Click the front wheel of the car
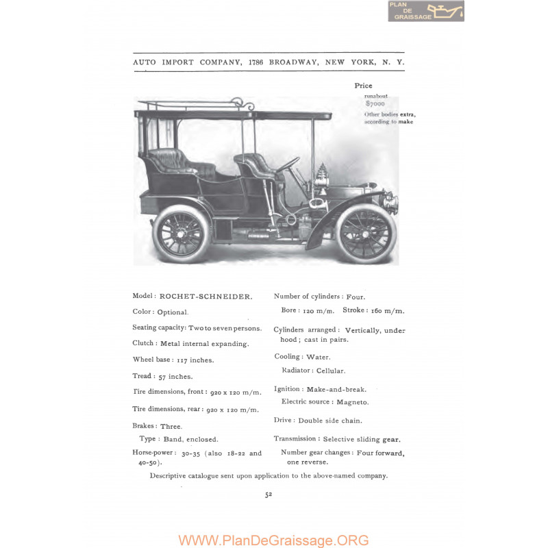(367, 233)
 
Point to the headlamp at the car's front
(391, 203)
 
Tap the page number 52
(269, 497)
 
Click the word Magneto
(354, 402)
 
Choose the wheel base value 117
(183, 360)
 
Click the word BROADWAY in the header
(293, 62)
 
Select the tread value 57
(163, 376)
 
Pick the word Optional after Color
(172, 312)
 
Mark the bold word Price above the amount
(363, 86)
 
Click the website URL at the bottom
(273, 540)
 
